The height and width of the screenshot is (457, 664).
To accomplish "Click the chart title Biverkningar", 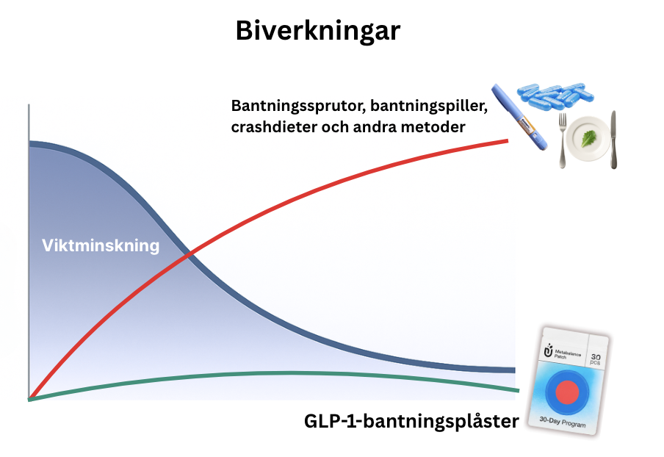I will (x=317, y=32).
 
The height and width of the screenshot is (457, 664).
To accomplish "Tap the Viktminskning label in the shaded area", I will (x=101, y=245).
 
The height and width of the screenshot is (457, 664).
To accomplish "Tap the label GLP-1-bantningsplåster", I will (x=411, y=422).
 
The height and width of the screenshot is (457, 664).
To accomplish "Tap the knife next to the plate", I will (x=614, y=140).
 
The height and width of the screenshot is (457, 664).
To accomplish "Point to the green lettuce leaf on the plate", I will (x=588, y=137).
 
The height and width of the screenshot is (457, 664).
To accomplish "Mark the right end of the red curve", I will (x=508, y=140).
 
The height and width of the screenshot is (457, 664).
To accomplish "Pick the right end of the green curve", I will (x=516, y=390).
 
